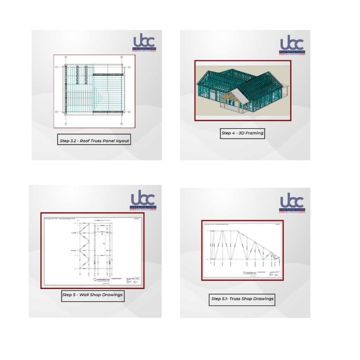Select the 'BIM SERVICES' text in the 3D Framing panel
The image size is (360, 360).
point(292,54)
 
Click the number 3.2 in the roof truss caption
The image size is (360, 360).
point(74,141)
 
